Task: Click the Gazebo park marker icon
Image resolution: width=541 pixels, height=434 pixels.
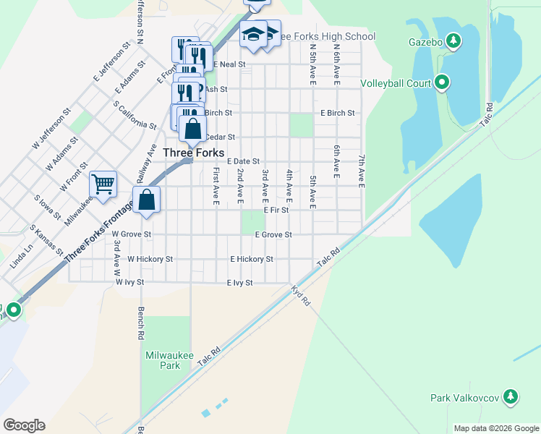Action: click(x=453, y=41)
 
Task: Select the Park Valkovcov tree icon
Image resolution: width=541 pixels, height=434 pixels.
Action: click(x=511, y=397)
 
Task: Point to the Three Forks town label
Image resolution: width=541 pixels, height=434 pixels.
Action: click(x=193, y=153)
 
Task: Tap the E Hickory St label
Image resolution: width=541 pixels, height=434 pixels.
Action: click(x=252, y=258)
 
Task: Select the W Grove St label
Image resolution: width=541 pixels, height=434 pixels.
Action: click(x=132, y=234)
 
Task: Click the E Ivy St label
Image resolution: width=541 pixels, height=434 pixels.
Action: click(x=239, y=283)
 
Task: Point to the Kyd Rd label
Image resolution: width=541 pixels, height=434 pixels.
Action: click(x=300, y=294)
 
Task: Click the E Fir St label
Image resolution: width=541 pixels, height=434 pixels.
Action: click(x=276, y=210)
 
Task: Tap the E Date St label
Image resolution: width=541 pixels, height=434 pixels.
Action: click(x=243, y=161)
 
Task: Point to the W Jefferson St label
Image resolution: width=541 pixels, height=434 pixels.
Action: click(x=51, y=129)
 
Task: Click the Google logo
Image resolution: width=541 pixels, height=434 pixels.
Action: click(x=24, y=425)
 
